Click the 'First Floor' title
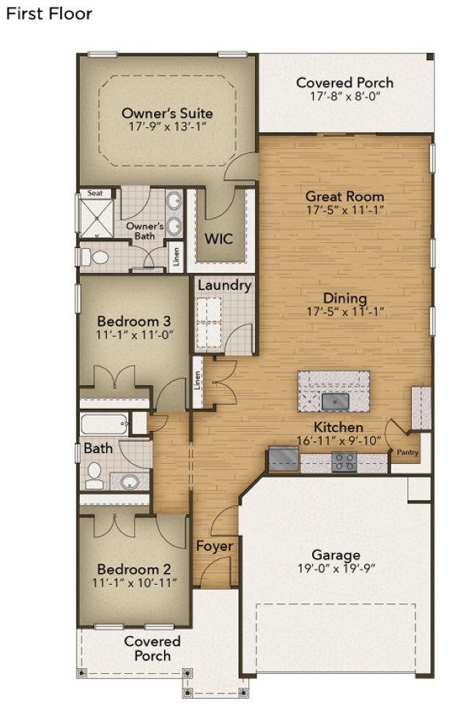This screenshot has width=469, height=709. (x=49, y=14)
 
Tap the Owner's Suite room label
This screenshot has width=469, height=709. (x=167, y=113)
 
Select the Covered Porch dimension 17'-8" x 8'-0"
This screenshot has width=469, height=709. (x=344, y=96)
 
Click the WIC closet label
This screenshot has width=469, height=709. (x=218, y=239)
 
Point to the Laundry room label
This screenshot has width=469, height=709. (x=224, y=285)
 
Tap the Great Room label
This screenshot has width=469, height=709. (x=344, y=196)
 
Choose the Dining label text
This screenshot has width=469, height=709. (x=345, y=299)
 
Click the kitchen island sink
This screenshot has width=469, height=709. (x=335, y=401)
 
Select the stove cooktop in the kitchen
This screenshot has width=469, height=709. (x=344, y=462)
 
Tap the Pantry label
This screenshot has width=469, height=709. (x=407, y=452)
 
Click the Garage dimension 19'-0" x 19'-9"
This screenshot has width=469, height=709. (x=336, y=569)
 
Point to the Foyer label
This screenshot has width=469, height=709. (x=215, y=547)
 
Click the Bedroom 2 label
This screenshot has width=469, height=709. (x=134, y=569)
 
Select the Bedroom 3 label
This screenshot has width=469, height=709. (x=134, y=321)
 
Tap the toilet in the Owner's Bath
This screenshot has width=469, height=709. (x=95, y=258)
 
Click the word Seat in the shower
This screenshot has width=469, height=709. (x=95, y=193)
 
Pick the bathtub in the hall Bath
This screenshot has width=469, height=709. (x=103, y=424)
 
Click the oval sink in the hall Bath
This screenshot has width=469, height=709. (x=130, y=481)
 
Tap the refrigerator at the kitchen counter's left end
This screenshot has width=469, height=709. (x=284, y=459)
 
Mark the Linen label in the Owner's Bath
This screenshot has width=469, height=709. (x=176, y=256)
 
